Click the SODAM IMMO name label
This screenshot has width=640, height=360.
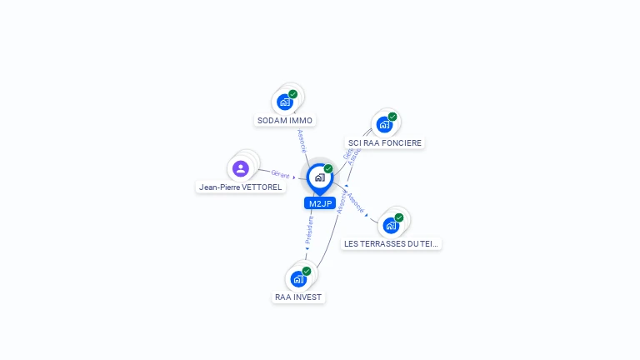click(x=285, y=120)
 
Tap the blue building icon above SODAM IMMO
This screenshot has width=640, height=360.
click(x=285, y=102)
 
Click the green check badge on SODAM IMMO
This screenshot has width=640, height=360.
click(x=293, y=94)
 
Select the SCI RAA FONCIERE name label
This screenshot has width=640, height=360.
click(x=386, y=142)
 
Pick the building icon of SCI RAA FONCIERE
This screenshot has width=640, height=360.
click(x=384, y=124)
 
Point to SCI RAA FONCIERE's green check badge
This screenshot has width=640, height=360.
click(x=392, y=117)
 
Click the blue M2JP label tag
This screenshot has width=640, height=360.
click(x=320, y=203)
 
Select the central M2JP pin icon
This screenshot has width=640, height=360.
click(x=319, y=177)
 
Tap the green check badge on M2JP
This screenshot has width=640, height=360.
click(x=328, y=168)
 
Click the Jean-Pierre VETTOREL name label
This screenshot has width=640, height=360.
click(x=241, y=187)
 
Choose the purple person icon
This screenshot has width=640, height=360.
click(x=241, y=168)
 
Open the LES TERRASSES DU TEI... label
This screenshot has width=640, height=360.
click(x=392, y=243)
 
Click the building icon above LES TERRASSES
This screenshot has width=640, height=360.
click(x=390, y=225)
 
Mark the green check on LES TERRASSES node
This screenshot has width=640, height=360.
click(x=399, y=217)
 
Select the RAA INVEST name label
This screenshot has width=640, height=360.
click(x=298, y=297)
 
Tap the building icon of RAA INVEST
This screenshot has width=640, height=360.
click(x=298, y=279)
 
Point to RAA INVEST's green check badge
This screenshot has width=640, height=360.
click(x=307, y=271)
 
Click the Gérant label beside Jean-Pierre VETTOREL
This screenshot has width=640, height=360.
click(x=281, y=174)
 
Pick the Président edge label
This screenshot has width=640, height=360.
click(x=309, y=231)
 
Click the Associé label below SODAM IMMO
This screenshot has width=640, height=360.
click(x=302, y=141)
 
